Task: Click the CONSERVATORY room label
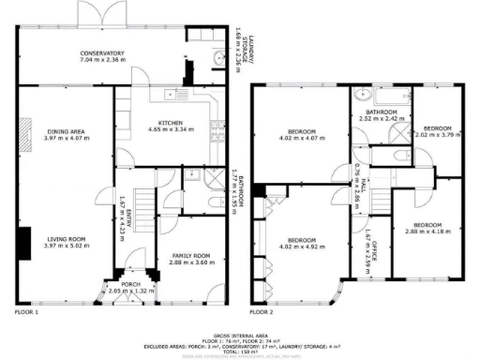[102, 52]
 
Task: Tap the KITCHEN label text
[170, 122]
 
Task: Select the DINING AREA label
[64, 131]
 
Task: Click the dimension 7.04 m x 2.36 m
[102, 60]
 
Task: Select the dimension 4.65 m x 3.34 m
[170, 129]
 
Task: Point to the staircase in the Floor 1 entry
[141, 202]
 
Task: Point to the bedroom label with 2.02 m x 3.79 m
[437, 127]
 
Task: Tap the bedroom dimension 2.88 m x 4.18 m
[427, 232]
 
